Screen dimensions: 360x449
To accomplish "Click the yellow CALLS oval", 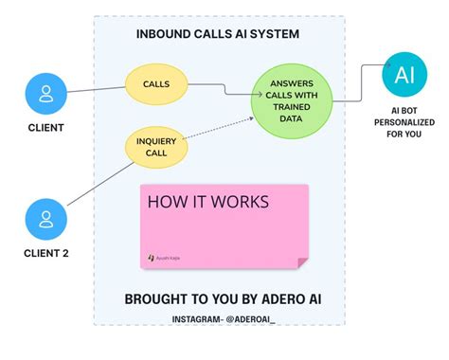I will (156, 84).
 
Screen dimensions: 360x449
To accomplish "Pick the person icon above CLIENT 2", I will (45, 219).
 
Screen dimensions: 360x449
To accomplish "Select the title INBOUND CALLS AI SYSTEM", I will (218, 36).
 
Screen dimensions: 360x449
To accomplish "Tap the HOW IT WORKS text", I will (207, 202).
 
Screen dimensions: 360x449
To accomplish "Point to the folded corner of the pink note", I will (300, 258).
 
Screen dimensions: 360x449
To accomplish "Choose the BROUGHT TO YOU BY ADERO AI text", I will (216, 299).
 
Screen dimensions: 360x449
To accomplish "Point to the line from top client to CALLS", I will (95, 90).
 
